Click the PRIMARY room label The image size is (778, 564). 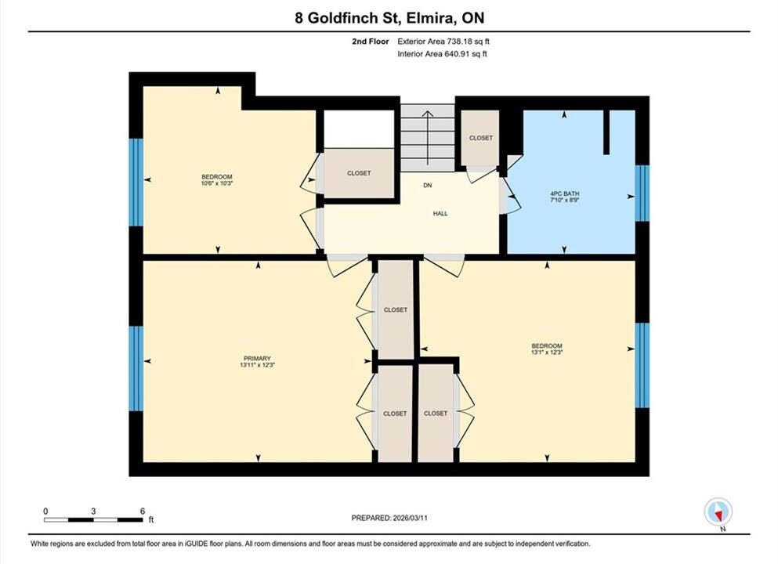pyautogui.click(x=257, y=358)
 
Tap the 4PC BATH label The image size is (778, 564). pyautogui.click(x=565, y=193)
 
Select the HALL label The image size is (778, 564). pyautogui.click(x=440, y=213)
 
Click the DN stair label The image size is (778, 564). pyautogui.click(x=428, y=185)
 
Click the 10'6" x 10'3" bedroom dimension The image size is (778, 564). pyautogui.click(x=217, y=183)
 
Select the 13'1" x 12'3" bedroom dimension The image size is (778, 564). pyautogui.click(x=547, y=352)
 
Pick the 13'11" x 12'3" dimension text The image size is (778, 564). pyautogui.click(x=257, y=364)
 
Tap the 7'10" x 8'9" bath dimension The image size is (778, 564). pyautogui.click(x=565, y=200)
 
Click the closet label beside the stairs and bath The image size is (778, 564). pyautogui.click(x=481, y=138)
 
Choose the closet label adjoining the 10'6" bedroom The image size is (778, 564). pyautogui.click(x=359, y=173)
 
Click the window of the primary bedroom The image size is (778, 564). pyautogui.click(x=136, y=368)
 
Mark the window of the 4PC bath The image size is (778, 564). pyautogui.click(x=642, y=193)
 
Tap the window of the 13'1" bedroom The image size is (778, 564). pyautogui.click(x=642, y=365)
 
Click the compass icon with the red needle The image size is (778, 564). pyautogui.click(x=718, y=512)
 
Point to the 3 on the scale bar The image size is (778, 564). pyautogui.click(x=93, y=512)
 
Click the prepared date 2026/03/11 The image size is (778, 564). pyautogui.click(x=410, y=518)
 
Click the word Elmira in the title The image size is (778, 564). pyautogui.click(x=430, y=18)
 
